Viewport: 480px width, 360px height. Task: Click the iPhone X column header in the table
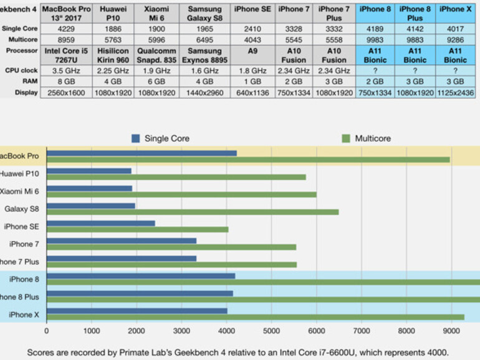point(458,9)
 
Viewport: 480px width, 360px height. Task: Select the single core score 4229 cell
point(67,27)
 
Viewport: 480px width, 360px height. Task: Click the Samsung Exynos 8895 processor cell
point(204,55)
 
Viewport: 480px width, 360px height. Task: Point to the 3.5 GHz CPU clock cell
point(67,72)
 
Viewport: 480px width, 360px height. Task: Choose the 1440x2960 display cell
point(204,92)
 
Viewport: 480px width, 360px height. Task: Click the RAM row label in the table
point(20,82)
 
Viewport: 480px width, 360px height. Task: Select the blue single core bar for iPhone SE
point(101,223)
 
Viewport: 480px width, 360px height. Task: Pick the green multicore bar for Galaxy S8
point(193,212)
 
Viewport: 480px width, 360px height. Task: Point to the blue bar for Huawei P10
point(89,171)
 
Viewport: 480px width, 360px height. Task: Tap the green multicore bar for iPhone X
point(255,317)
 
